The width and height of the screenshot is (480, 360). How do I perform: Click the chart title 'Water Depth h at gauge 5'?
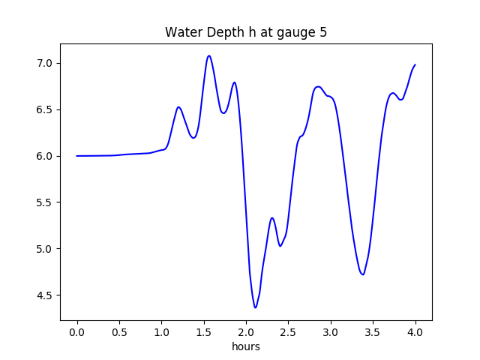pyautogui.click(x=246, y=33)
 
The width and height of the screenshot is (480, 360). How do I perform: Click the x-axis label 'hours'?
pyautogui.click(x=246, y=347)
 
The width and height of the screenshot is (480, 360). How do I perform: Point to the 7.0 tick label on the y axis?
pyautogui.click(x=44, y=63)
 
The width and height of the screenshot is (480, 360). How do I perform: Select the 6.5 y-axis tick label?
pyautogui.click(x=44, y=109)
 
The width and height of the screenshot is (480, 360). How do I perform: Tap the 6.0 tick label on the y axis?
pyautogui.click(x=44, y=156)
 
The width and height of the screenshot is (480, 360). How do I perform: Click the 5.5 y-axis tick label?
pyautogui.click(x=44, y=202)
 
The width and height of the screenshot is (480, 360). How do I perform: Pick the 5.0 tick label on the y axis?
pyautogui.click(x=44, y=249)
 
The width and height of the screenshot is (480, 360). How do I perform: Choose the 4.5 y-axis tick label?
pyautogui.click(x=44, y=295)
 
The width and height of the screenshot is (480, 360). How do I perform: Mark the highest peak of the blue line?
pyautogui.click(x=209, y=55)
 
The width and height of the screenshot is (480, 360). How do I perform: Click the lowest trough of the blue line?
pyautogui.click(x=255, y=307)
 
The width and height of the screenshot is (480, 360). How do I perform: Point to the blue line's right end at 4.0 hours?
pyautogui.click(x=415, y=64)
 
